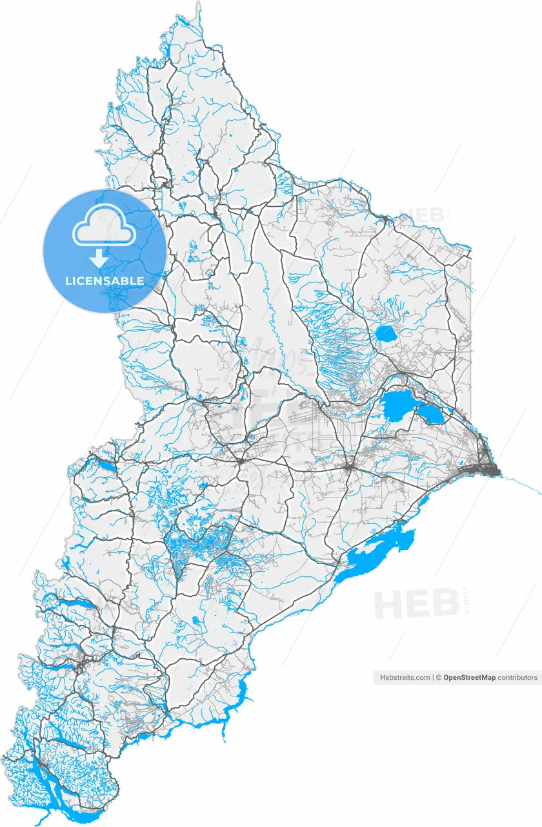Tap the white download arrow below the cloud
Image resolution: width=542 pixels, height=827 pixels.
pos(98,259)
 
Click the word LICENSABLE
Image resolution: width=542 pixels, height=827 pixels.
pos(105,281)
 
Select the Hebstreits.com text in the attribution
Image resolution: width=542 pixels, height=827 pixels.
pos(405,678)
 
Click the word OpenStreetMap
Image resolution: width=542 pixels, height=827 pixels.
pos(470,678)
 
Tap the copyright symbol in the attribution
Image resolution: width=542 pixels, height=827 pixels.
pos(439,678)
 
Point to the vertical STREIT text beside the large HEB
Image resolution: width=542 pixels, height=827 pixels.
pos(467,601)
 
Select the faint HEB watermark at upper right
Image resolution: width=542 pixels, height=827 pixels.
pos(423,215)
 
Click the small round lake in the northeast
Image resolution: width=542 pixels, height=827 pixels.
pos(386,333)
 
